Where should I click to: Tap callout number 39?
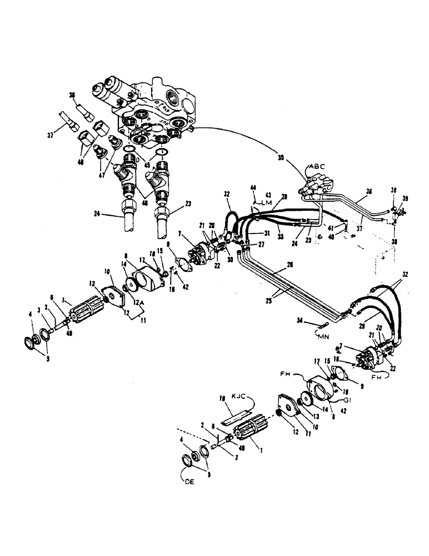[405, 197]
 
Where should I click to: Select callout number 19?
[221, 399]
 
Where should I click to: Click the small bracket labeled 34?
[321, 327]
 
